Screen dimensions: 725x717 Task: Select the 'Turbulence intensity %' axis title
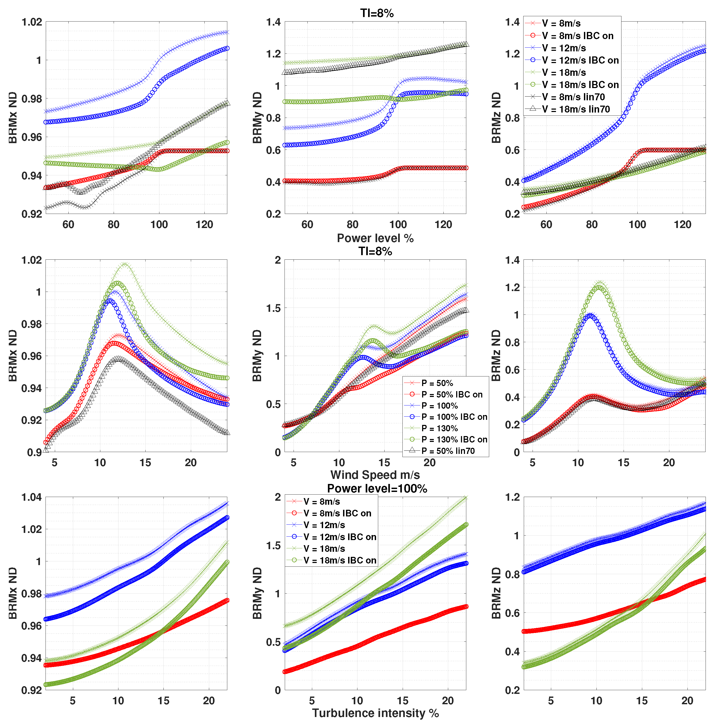[375, 713]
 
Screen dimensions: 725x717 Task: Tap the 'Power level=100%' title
[377, 488]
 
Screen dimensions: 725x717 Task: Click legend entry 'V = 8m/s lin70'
[573, 97]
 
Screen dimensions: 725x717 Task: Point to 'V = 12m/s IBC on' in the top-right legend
[580, 60]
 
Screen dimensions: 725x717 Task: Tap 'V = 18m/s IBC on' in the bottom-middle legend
[340, 560]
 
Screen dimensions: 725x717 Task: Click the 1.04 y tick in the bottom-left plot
[31, 498]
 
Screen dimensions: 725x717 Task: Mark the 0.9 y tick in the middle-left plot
[35, 452]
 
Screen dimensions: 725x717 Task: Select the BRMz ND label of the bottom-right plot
[496, 593]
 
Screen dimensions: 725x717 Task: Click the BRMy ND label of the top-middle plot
[257, 117]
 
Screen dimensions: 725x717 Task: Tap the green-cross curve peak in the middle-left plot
[124, 264]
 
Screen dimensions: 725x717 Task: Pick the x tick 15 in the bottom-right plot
[641, 700]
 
